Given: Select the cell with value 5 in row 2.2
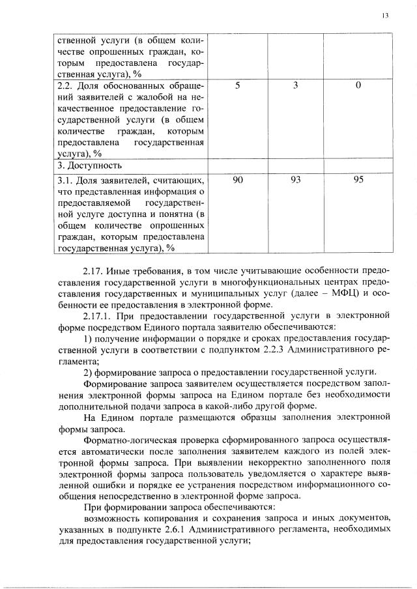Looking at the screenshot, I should (238, 86).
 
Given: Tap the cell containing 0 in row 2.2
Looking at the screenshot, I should (358, 86).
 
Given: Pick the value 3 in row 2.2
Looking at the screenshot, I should (295, 86).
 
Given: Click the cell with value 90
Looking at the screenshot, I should (238, 179).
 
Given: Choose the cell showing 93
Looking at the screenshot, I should (295, 179).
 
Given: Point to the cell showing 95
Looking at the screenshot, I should (358, 179).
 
